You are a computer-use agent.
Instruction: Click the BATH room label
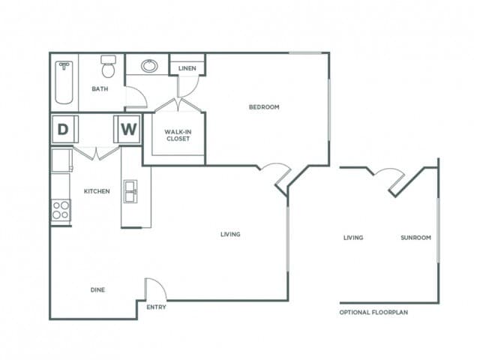point(100,89)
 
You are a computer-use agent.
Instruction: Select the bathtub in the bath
point(64,82)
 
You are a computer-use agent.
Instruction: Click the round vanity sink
point(149,65)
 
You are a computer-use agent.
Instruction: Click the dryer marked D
point(63,129)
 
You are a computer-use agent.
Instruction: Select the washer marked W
point(129,129)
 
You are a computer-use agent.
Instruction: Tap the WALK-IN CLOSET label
point(178,135)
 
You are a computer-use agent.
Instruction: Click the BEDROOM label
point(264,107)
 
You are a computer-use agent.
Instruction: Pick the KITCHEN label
point(97,191)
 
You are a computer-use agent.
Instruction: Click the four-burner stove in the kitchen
point(61,210)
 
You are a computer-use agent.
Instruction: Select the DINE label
point(97,290)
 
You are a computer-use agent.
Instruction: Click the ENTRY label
point(156,307)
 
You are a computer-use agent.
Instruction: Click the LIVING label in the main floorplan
point(230,235)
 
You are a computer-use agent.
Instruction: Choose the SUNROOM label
point(415,238)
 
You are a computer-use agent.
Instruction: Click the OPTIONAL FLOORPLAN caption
point(378,312)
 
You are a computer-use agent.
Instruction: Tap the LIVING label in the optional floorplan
point(353,238)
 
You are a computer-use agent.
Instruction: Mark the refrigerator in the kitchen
point(61,160)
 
